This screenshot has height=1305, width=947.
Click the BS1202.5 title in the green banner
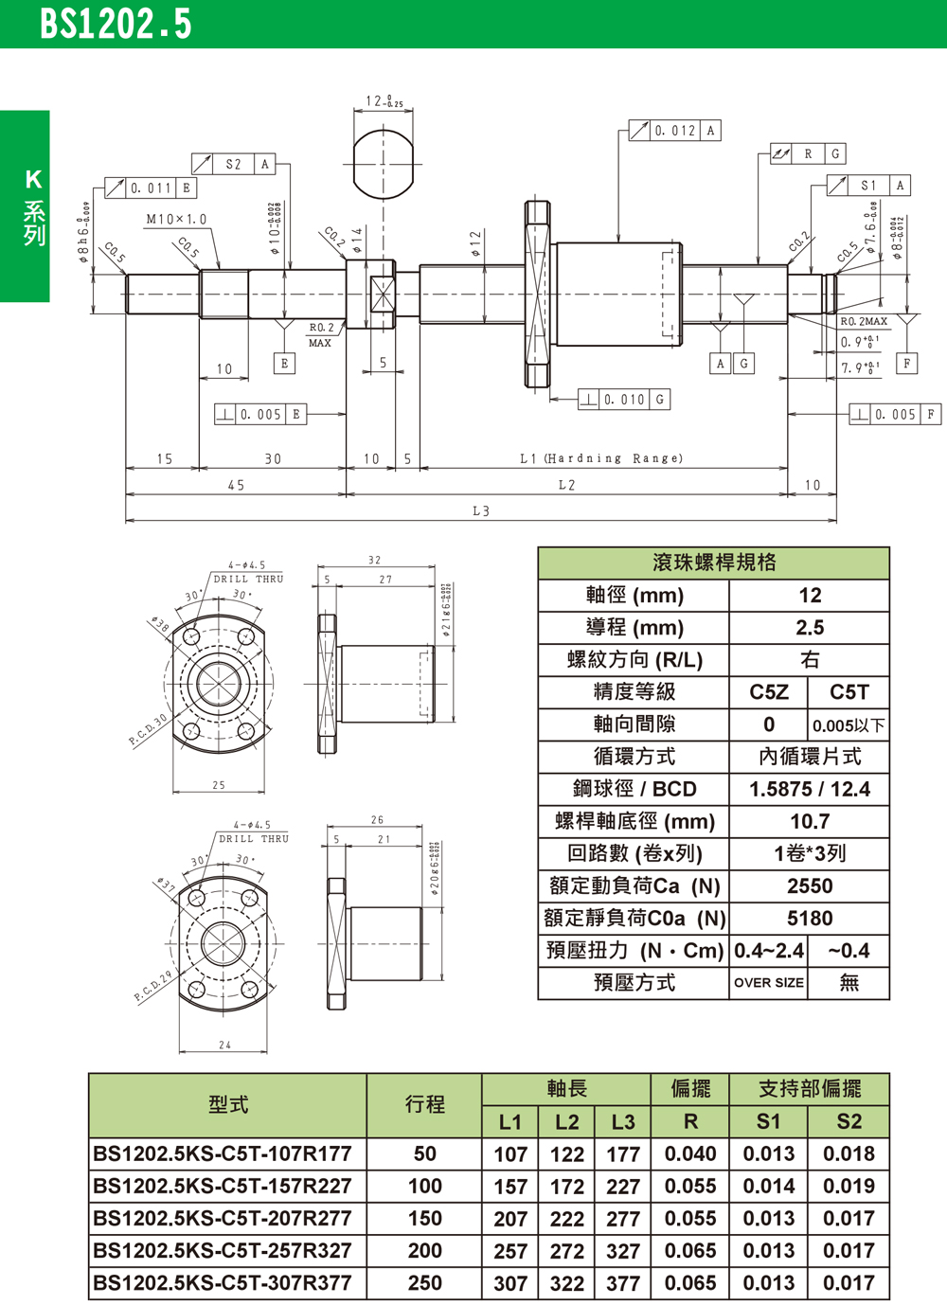point(116,24)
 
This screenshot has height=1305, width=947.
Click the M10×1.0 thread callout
point(176,219)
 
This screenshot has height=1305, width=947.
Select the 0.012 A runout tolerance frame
point(674,131)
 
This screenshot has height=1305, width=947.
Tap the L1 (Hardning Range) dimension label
point(601,458)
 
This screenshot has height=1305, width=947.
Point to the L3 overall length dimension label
point(481,511)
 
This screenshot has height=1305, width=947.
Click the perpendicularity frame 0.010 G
point(624,400)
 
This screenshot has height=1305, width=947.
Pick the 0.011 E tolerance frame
point(151,188)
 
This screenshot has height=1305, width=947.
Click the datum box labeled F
point(907,363)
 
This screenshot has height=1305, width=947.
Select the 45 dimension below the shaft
point(236,485)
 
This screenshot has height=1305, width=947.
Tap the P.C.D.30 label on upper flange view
point(149,728)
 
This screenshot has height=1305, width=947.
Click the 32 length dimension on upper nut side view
point(375,561)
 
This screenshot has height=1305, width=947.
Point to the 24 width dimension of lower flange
point(224,1045)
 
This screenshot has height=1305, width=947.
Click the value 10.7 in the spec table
point(810,822)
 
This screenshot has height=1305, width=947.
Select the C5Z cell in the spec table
point(769,692)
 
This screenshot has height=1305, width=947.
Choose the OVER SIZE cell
point(769,983)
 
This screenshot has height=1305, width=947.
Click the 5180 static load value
point(810,919)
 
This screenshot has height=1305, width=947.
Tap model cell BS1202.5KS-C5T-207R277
point(223,1219)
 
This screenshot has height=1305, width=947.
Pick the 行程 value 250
point(424,1283)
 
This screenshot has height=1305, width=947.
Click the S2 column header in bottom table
point(849,1122)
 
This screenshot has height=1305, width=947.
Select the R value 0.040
point(690,1154)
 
